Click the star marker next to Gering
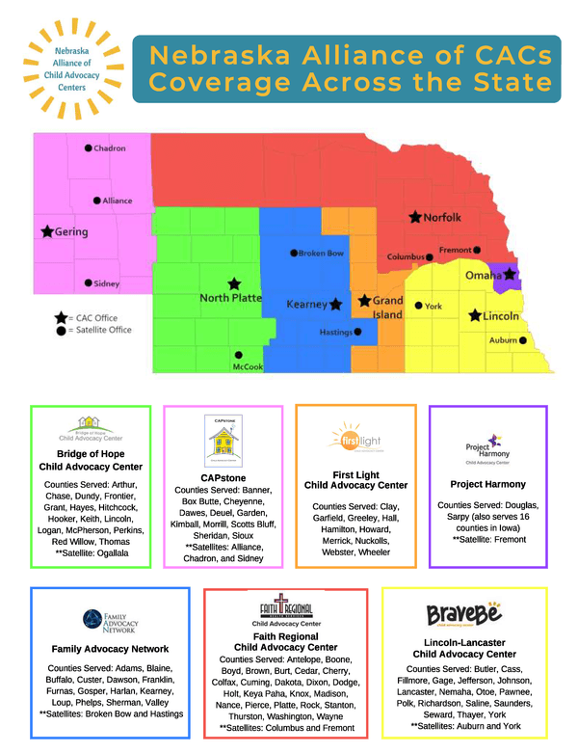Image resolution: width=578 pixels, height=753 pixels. pyautogui.click(x=45, y=231)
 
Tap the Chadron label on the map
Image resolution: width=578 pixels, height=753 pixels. pyautogui.click(x=109, y=148)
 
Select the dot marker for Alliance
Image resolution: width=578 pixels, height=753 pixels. pyautogui.click(x=97, y=201)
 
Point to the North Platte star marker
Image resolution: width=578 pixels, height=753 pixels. pyautogui.click(x=234, y=283)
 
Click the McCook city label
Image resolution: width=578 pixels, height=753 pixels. pyautogui.click(x=248, y=366)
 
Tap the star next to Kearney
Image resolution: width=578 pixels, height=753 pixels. pyautogui.click(x=336, y=304)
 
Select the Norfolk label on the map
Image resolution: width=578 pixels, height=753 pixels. pyautogui.click(x=442, y=217)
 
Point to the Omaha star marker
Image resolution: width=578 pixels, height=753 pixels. pyautogui.click(x=511, y=275)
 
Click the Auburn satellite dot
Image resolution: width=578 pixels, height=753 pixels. pyautogui.click(x=523, y=340)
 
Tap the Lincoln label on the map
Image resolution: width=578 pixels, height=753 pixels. pyautogui.click(x=501, y=316)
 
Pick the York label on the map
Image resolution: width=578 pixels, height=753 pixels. pyautogui.click(x=433, y=307)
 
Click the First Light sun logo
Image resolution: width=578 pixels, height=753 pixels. pyautogui.click(x=355, y=438)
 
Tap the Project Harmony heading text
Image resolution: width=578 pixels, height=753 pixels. pyautogui.click(x=487, y=484)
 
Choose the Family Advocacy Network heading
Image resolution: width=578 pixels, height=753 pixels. pyautogui.click(x=111, y=649)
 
